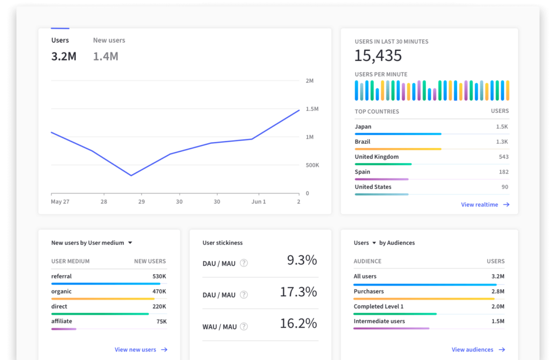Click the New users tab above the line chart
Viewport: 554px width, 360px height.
[x=109, y=41]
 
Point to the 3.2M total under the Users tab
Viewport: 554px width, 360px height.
[x=64, y=56]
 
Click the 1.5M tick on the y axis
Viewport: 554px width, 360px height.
[x=312, y=109]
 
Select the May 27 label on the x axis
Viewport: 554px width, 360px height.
[x=60, y=202]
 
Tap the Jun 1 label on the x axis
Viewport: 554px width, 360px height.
[x=259, y=202]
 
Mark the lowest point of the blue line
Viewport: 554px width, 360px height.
[x=131, y=175]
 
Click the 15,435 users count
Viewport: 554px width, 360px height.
[x=378, y=56]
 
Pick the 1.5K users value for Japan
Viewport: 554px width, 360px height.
[x=502, y=127]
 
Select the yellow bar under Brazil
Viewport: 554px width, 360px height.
[x=398, y=149]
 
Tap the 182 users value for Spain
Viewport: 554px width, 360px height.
[x=503, y=172]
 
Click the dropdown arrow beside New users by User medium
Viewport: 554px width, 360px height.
[x=130, y=243]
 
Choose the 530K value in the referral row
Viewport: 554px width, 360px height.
[x=159, y=277]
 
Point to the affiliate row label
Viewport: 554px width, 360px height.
[x=62, y=321]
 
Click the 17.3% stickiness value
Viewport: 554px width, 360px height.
[x=298, y=292]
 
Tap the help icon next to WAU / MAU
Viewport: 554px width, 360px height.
[x=244, y=326]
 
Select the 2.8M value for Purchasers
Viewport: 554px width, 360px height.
[x=497, y=292]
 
